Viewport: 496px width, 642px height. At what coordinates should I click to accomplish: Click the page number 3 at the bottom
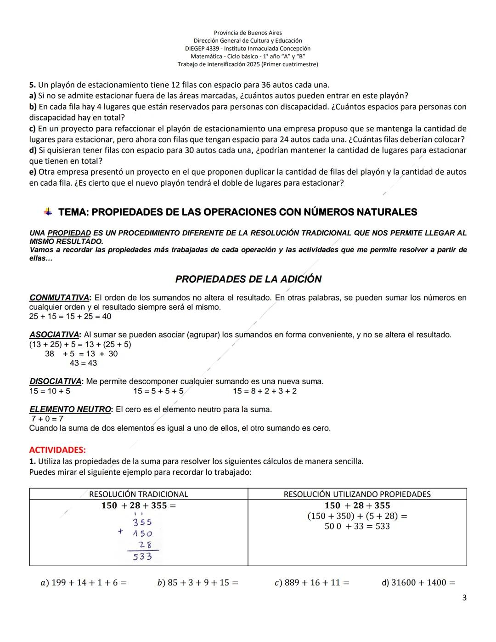464,598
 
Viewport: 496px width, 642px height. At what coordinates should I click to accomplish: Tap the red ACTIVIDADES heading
57,449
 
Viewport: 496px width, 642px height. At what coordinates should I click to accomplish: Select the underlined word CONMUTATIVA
59,297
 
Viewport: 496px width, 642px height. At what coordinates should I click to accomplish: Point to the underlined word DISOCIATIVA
55,381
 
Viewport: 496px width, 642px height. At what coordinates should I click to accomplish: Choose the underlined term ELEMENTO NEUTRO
70,409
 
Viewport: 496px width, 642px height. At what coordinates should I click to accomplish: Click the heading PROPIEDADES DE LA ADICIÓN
248,279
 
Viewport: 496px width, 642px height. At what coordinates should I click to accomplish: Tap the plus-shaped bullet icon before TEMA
48,212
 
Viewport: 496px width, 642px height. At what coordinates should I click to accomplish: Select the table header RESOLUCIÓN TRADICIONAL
138,494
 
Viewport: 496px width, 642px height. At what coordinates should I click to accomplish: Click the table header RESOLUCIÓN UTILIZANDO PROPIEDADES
357,494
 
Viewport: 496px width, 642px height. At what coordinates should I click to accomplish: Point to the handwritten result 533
142,557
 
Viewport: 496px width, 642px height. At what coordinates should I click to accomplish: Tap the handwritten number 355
142,522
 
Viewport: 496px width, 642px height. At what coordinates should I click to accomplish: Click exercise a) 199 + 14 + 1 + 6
84,583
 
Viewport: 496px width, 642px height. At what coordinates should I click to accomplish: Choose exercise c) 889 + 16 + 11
312,583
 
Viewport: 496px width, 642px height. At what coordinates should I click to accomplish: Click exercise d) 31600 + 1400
418,583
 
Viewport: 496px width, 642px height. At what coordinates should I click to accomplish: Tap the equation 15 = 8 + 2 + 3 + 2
265,391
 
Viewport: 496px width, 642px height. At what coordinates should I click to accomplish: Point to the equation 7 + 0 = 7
47,419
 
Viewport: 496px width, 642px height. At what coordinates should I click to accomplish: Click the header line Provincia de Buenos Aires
248,33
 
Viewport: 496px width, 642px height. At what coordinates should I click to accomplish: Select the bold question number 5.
32,85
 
